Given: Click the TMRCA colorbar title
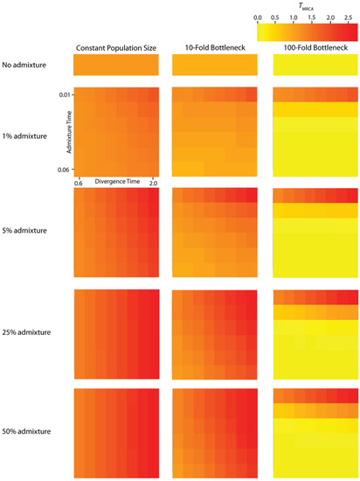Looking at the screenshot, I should [308, 6].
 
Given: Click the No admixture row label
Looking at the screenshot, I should [26, 65].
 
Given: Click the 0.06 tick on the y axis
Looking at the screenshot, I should [64, 169].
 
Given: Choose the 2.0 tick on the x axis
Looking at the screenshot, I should [153, 181].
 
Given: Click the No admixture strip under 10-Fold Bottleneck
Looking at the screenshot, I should [215, 65].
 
